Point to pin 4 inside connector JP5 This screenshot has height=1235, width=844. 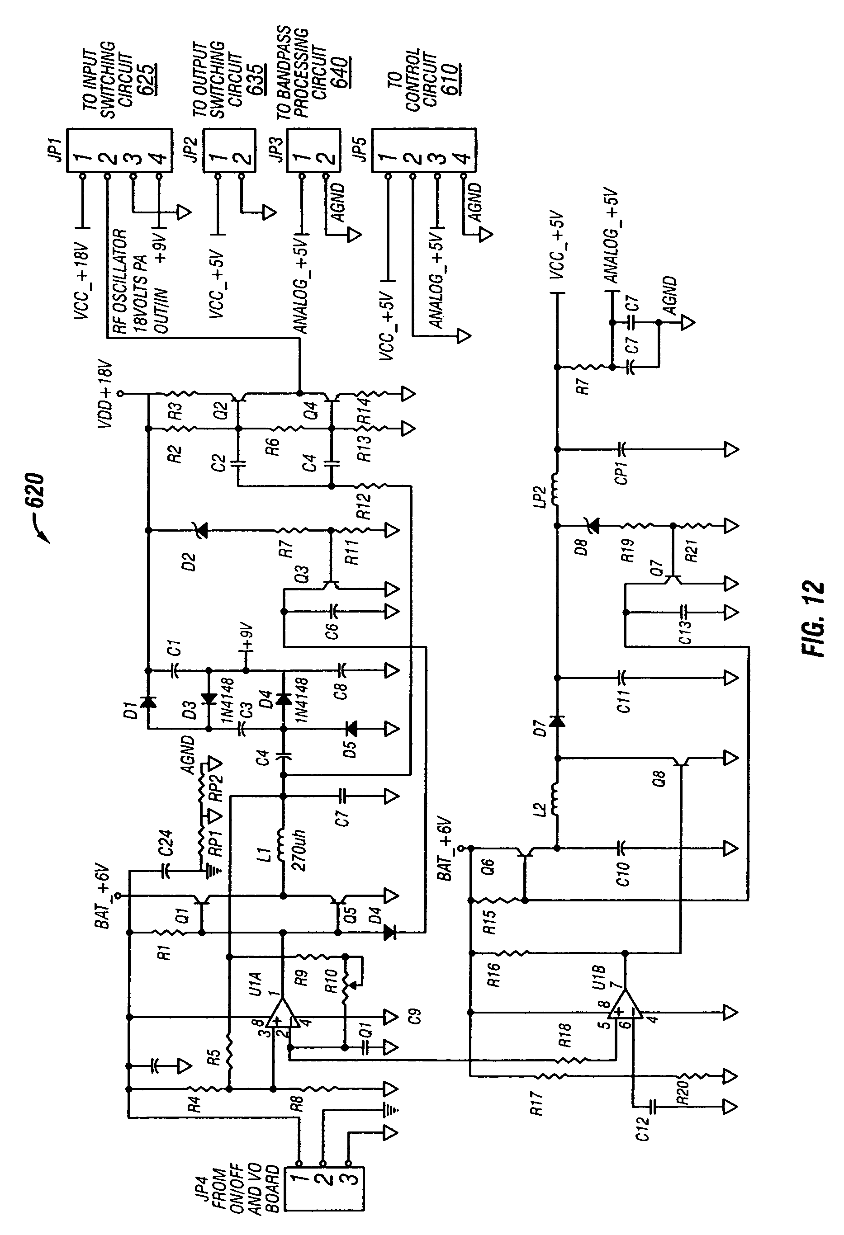463,158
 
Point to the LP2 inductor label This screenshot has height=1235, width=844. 541,495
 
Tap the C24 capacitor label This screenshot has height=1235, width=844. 166,842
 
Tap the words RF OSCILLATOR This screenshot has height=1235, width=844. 120,281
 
